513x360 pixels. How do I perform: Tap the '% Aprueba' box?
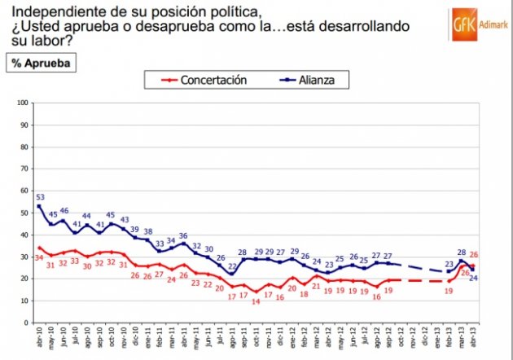40,62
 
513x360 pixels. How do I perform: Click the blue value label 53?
40,196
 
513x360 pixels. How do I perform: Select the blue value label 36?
184,235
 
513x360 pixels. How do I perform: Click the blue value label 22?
232,266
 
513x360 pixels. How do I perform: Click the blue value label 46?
64,211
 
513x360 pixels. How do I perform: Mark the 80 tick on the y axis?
24,147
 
